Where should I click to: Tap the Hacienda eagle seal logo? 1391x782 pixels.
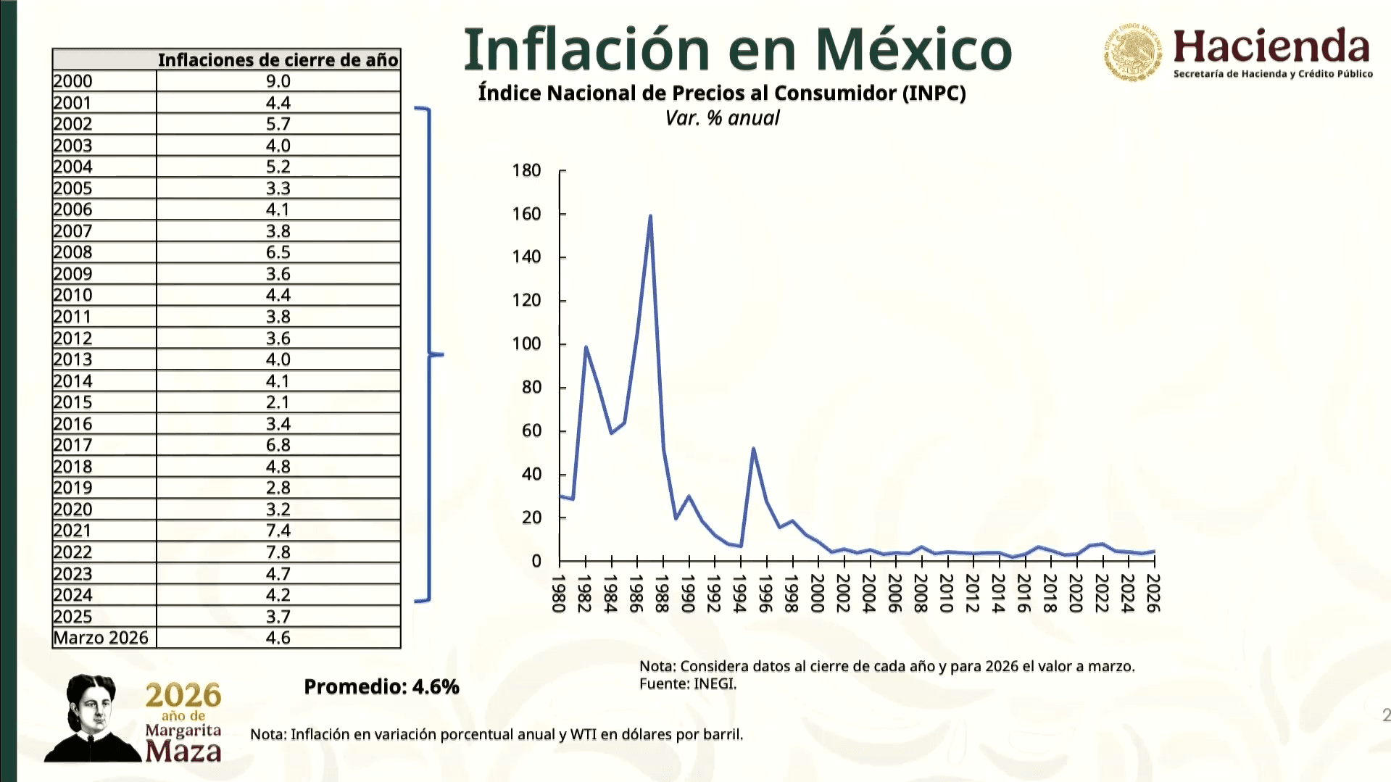pos(1132,52)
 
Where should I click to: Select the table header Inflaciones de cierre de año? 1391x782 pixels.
pos(278,59)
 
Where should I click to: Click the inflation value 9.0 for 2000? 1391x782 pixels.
pos(278,81)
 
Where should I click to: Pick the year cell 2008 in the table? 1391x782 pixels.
pos(72,252)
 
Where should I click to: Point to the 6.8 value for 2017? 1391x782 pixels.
pos(278,445)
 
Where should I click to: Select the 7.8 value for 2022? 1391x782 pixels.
pos(278,552)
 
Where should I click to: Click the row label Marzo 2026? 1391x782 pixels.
pos(101,638)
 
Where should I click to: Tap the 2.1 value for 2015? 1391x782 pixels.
pos(278,402)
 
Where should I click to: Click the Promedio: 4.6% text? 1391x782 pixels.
pos(381,686)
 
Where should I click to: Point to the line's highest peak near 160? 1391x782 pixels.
pos(650,216)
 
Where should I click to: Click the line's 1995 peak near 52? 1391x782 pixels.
pos(753,449)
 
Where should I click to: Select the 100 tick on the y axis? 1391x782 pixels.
pos(527,344)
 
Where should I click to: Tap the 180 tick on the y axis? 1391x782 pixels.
pos(527,170)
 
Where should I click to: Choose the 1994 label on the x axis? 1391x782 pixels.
pos(740,593)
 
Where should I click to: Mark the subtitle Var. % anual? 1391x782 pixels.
pos(722,118)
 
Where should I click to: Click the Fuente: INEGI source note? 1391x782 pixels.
pos(687,683)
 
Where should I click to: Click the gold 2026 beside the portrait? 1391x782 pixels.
pos(183,696)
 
